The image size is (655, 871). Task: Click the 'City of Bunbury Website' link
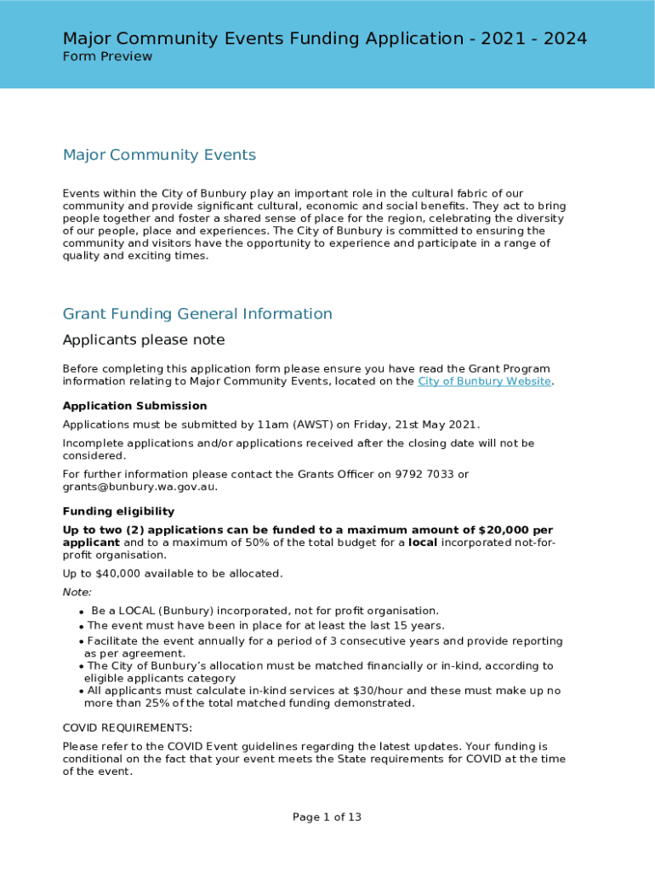pos(484,381)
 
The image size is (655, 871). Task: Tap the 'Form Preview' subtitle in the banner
pos(107,57)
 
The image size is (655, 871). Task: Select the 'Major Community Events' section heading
pos(159,155)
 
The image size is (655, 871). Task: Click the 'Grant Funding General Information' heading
pos(197,314)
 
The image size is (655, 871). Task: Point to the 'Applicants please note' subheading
pos(144,340)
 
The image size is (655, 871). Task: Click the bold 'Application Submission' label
pos(134,406)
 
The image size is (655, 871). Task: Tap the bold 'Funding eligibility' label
pos(118,511)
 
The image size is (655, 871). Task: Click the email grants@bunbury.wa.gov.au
pos(140,487)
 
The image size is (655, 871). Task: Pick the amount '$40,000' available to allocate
pos(109,573)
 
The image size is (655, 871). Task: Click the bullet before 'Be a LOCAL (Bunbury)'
pos(81,612)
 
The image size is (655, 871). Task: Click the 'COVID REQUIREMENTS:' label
pos(128,728)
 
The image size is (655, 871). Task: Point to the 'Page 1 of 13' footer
pos(327,817)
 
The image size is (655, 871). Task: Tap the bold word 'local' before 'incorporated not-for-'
pos(423,543)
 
